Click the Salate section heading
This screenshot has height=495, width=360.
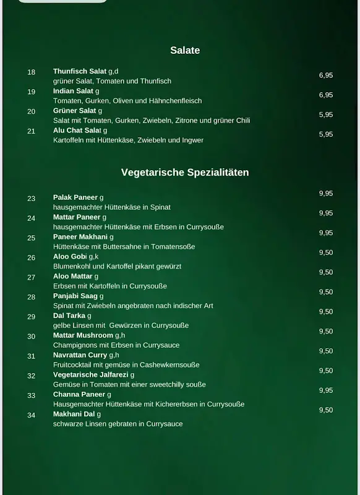pyautogui.click(x=185, y=51)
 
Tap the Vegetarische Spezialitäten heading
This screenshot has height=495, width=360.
pyautogui.click(x=185, y=173)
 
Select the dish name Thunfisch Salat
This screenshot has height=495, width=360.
pyautogui.click(x=80, y=72)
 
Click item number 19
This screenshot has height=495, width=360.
pyautogui.click(x=32, y=92)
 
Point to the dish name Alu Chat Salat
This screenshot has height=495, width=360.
pyautogui.click(x=77, y=131)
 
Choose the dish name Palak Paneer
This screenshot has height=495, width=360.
pyautogui.click(x=75, y=197)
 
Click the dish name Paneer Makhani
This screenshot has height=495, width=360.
pyautogui.click(x=80, y=237)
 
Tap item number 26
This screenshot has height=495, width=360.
pyautogui.click(x=32, y=257)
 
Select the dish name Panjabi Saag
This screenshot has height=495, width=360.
pyautogui.click(x=75, y=296)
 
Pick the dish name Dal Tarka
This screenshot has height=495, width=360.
pyautogui.click(x=69, y=316)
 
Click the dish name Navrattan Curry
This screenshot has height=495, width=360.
pyautogui.click(x=80, y=355)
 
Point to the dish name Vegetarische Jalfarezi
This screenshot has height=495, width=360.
pyautogui.click(x=91, y=375)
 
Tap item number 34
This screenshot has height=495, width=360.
pyautogui.click(x=32, y=415)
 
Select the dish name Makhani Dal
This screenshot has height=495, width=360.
pyautogui.click(x=74, y=414)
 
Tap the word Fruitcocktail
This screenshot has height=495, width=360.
pyautogui.click(x=72, y=365)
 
